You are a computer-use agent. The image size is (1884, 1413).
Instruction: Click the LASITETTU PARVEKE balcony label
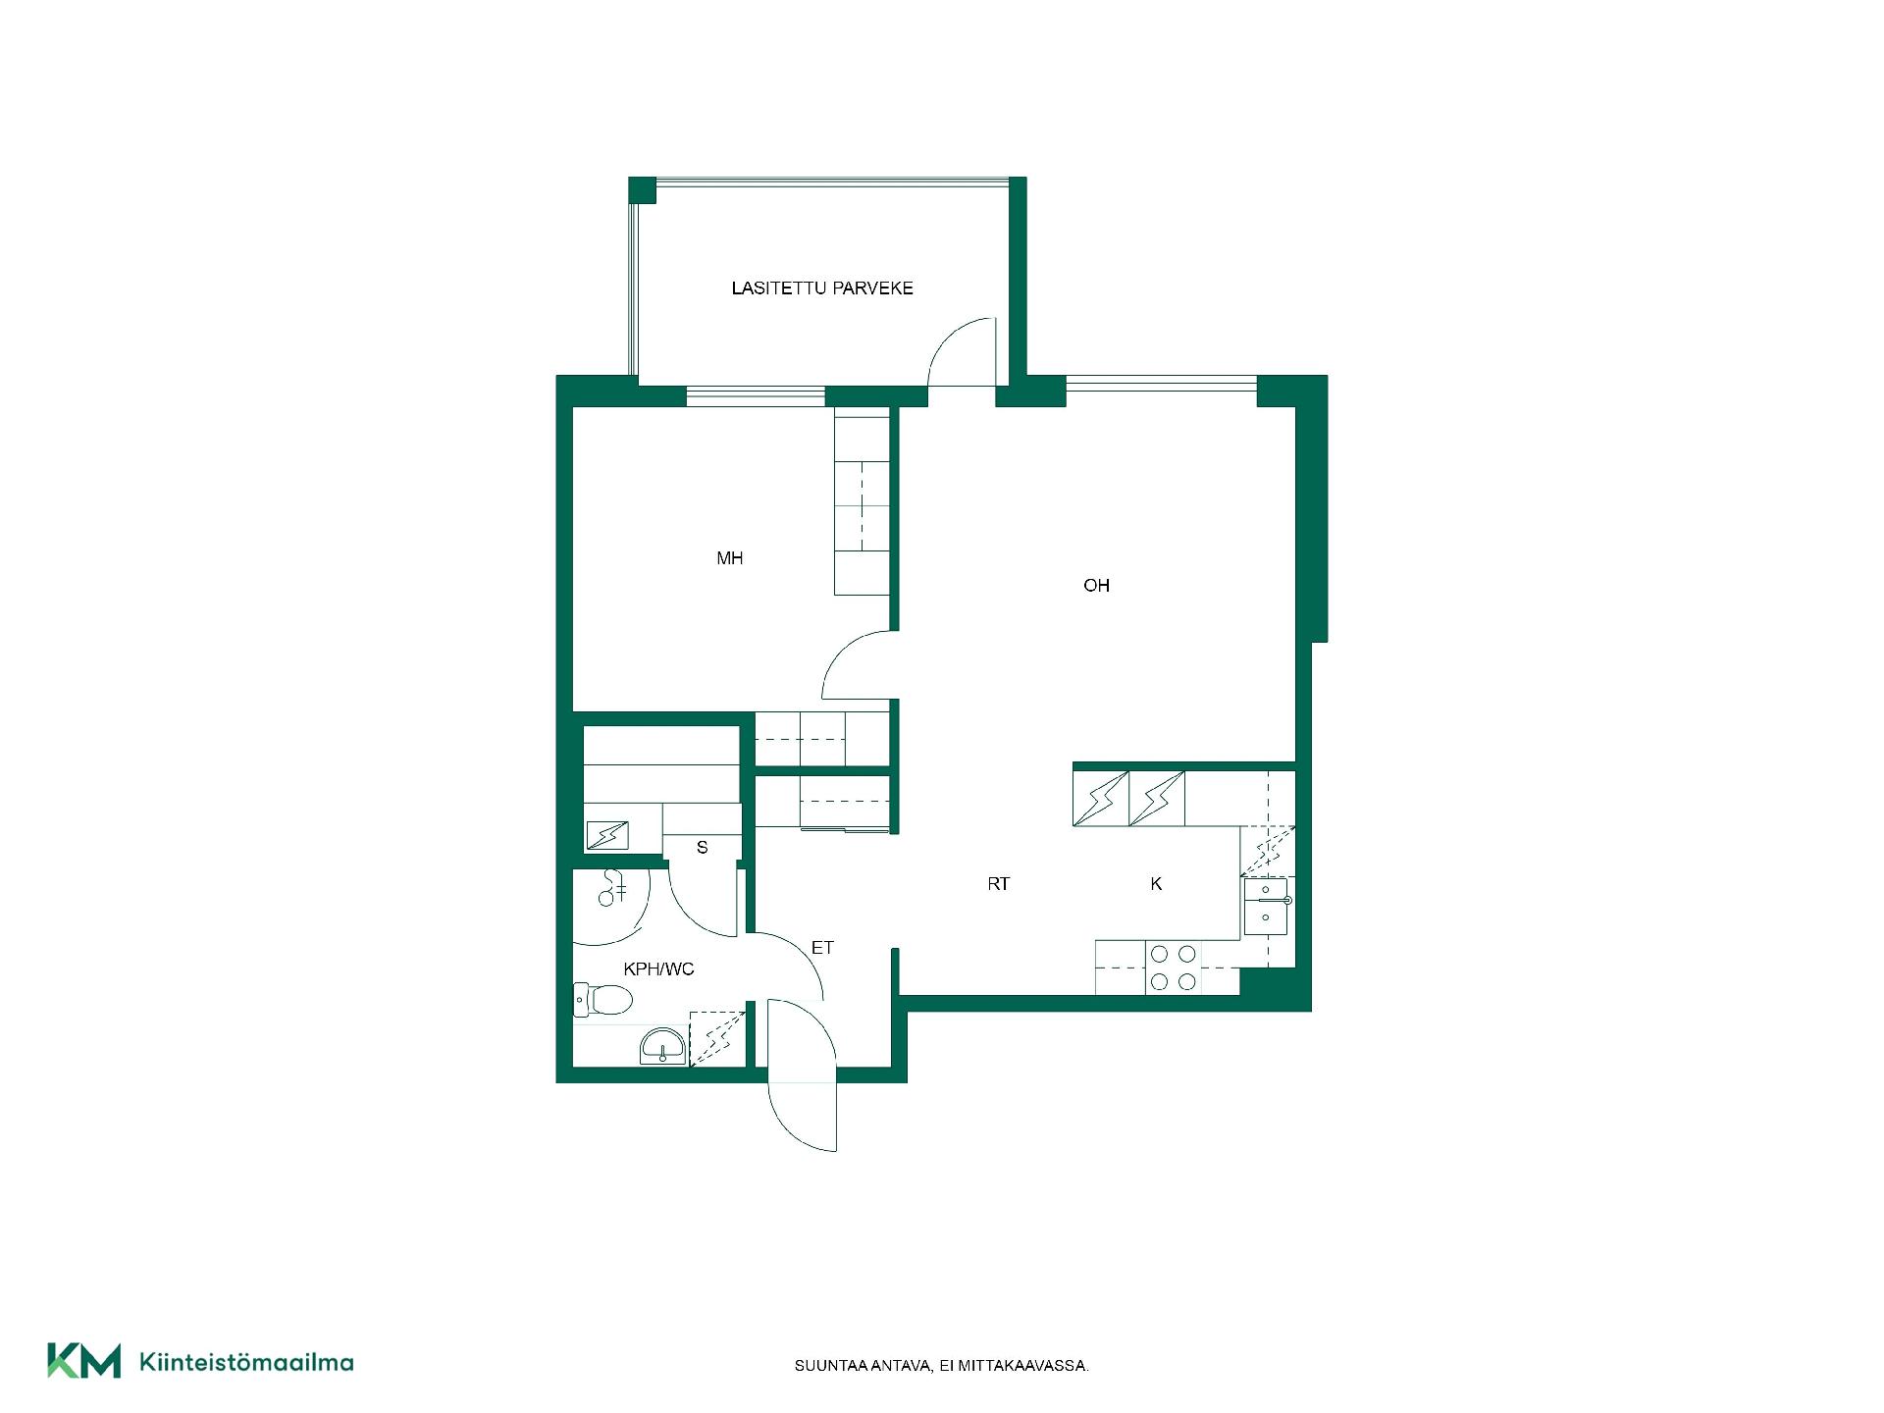(822, 288)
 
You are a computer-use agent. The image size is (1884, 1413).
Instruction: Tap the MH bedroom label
(729, 558)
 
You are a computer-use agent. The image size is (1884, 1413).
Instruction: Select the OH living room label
(1096, 586)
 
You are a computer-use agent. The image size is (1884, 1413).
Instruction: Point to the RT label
(998, 884)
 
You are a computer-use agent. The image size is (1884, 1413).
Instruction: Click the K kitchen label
(1156, 884)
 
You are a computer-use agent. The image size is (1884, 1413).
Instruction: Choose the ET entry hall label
(822, 948)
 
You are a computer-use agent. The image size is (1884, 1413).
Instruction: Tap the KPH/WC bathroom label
(658, 969)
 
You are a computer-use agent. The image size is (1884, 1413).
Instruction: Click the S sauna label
(702, 847)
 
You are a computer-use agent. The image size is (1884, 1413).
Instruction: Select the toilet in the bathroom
(602, 1000)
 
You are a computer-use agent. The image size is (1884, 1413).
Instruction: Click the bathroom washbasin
(664, 1047)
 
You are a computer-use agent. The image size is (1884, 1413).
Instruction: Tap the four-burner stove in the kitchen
(1173, 968)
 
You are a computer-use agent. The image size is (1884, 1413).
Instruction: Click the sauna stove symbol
(606, 835)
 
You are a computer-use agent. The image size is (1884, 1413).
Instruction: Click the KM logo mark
(84, 1361)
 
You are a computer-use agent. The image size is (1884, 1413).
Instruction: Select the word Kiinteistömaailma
(247, 1362)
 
